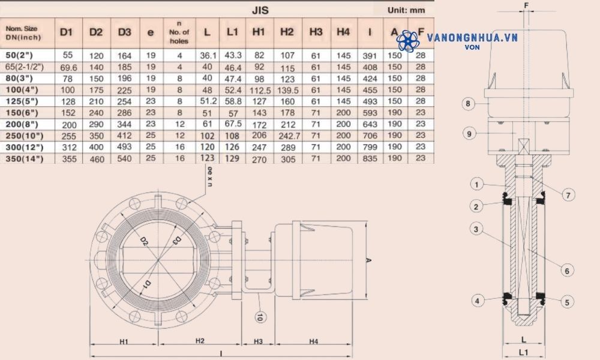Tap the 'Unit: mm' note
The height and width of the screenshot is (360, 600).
tap(406, 10)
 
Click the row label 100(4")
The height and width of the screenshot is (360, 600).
tap(21, 89)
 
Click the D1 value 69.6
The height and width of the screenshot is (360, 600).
tap(67, 67)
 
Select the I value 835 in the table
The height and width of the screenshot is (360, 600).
tap(370, 158)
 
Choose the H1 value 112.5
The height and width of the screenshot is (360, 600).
tap(259, 89)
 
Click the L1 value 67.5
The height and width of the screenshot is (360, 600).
tap(233, 124)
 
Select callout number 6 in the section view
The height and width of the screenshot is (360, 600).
tap(565, 271)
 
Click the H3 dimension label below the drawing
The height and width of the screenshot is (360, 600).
tap(258, 341)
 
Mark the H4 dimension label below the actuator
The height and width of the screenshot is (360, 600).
tap(313, 341)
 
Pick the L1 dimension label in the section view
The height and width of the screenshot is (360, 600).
tap(523, 351)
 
